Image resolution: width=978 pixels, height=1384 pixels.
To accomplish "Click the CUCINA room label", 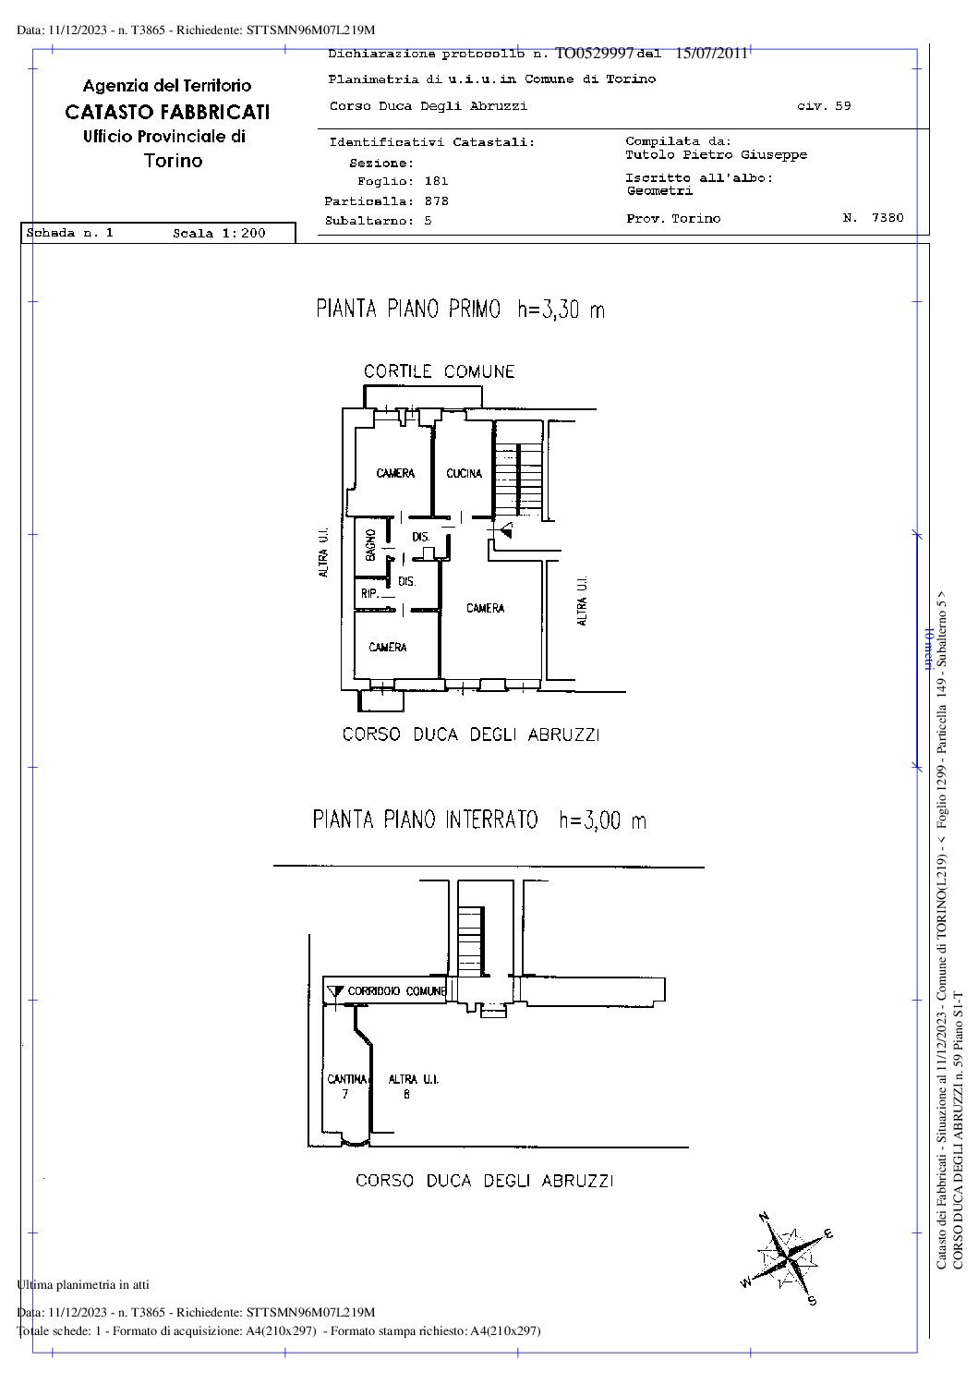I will (464, 474).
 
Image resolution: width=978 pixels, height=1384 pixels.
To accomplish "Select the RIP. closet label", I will (368, 594).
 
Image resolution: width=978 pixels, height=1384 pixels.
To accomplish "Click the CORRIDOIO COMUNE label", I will (396, 991).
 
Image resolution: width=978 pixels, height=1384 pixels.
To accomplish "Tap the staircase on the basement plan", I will (472, 940).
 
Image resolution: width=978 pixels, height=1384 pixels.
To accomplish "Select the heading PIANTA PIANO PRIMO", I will (408, 310).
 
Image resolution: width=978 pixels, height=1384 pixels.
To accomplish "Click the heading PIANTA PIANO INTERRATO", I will (425, 819).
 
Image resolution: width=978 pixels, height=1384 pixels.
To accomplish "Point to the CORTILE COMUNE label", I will (439, 371).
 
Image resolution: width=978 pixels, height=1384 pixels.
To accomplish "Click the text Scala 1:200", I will (219, 234).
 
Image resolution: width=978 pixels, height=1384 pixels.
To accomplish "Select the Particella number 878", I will (436, 200).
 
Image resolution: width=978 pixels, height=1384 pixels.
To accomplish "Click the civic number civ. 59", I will (824, 106).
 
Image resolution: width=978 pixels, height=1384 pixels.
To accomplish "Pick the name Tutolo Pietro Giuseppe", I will (716, 155).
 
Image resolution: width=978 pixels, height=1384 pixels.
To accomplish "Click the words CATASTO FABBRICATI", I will (167, 112).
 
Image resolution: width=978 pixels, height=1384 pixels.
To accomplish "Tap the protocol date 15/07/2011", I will (710, 53).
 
